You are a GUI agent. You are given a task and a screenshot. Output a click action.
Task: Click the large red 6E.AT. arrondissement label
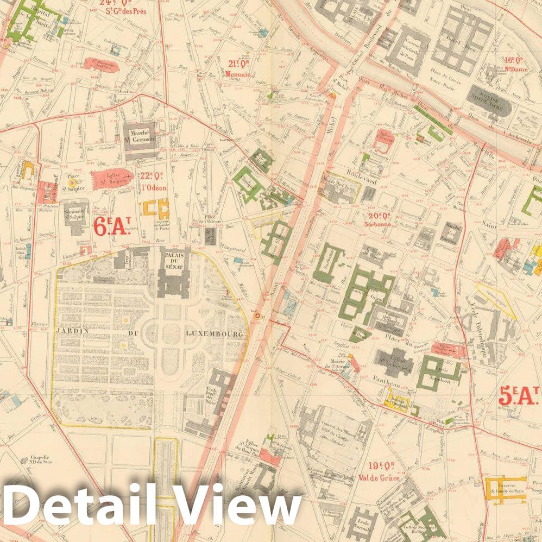(111, 226)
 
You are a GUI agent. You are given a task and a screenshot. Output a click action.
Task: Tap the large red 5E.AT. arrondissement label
(518, 396)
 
